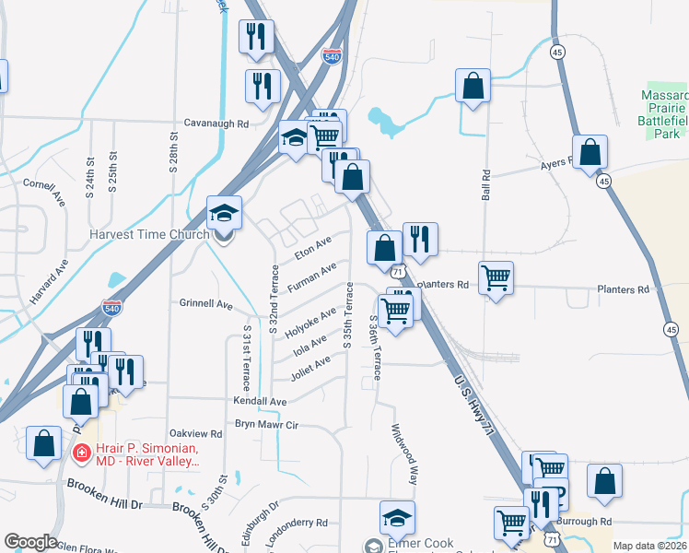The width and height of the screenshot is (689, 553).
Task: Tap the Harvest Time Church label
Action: click(x=149, y=234)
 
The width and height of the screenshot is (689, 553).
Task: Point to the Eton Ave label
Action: click(x=312, y=248)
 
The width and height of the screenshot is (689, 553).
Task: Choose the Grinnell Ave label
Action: click(x=205, y=302)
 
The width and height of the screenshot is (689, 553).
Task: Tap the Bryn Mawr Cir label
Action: click(x=268, y=425)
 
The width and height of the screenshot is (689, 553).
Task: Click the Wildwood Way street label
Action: click(x=404, y=454)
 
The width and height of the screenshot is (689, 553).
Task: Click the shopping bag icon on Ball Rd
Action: click(x=473, y=87)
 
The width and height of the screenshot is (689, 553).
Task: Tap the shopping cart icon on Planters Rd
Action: click(x=496, y=277)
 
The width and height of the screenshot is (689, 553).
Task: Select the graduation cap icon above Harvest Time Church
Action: click(x=224, y=214)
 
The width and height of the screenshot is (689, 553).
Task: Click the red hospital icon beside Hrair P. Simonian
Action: click(x=81, y=453)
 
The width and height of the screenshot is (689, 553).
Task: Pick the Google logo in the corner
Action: click(x=29, y=542)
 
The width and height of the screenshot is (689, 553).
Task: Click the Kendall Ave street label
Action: click(x=260, y=402)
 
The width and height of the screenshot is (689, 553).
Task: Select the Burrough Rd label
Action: click(x=587, y=521)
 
